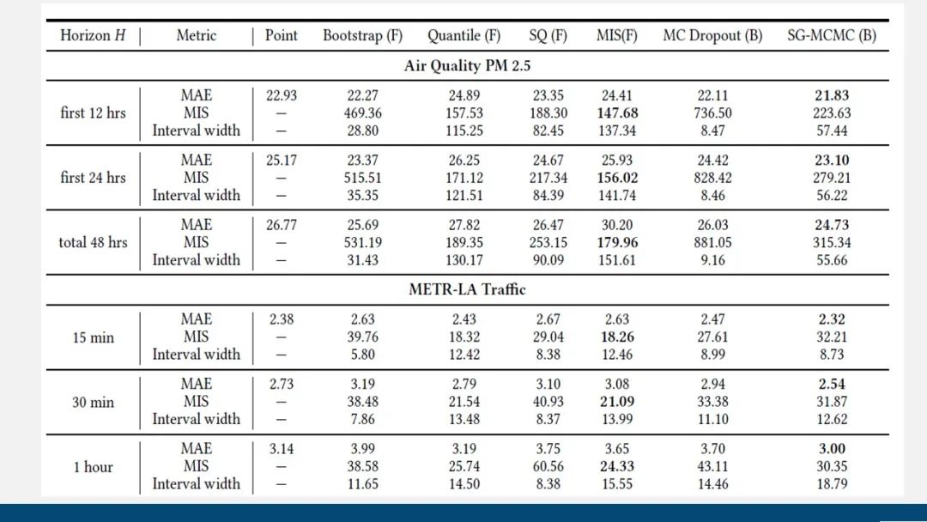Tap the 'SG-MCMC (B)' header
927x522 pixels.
832,35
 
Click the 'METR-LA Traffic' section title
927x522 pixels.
467,289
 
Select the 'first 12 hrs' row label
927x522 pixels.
93,112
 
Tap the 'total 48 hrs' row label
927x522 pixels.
93,242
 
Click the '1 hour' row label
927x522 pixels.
93,466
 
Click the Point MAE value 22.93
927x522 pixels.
281,95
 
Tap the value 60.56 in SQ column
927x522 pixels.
548,466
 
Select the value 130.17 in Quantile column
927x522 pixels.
464,259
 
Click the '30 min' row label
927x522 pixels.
93,402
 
